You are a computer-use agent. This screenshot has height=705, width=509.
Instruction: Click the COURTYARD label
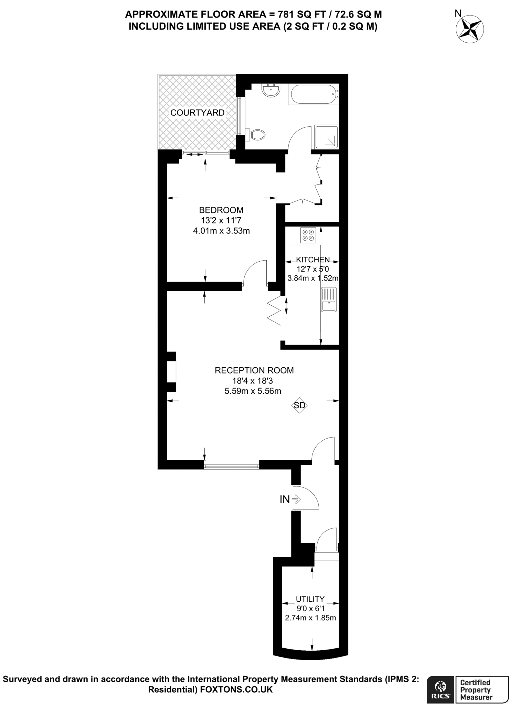click(x=197, y=113)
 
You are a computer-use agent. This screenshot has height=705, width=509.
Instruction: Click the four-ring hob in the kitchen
click(x=308, y=235)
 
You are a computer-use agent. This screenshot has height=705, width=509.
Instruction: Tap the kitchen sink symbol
click(x=329, y=299)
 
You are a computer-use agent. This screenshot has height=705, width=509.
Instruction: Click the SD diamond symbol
click(x=299, y=405)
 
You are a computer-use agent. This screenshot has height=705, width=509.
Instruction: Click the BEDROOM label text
click(x=221, y=210)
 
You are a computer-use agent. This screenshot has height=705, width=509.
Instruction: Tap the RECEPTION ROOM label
click(x=254, y=370)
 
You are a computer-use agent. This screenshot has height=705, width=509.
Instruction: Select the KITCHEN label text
click(x=313, y=260)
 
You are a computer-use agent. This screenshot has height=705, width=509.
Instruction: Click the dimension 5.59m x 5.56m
click(x=253, y=391)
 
